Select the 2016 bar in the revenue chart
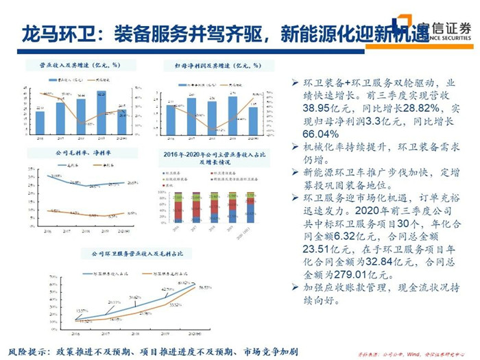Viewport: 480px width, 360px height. (x=40, y=122)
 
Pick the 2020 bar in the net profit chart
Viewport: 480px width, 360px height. (x=253, y=120)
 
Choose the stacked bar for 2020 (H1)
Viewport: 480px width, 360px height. (x=250, y=209)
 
